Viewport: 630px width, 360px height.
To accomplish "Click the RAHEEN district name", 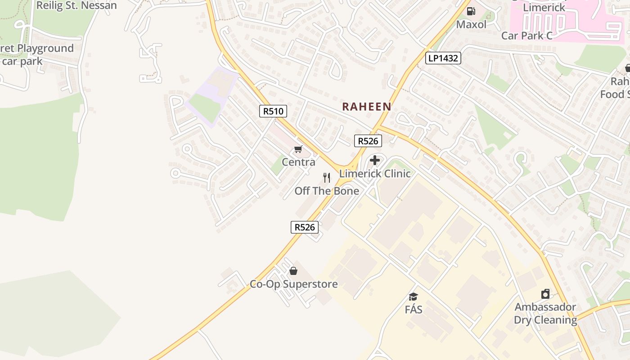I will (366, 107).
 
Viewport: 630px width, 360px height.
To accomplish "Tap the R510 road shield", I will (273, 111).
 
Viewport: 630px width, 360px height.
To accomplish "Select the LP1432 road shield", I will (443, 58).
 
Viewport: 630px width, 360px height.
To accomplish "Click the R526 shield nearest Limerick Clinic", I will (368, 141).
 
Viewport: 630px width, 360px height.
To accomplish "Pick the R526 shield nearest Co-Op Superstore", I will (305, 227).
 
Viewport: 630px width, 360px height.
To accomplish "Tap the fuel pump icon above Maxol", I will (471, 11).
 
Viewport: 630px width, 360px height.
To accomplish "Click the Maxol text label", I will (471, 24).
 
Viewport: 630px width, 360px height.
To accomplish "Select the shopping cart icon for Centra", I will (298, 149).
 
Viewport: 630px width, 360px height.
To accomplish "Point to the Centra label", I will (298, 162).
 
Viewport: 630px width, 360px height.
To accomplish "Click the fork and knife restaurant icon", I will (327, 178).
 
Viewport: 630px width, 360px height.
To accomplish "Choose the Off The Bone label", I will (327, 191).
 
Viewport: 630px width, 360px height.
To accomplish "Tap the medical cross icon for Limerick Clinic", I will (375, 160).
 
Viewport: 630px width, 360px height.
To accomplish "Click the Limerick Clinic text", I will (375, 174).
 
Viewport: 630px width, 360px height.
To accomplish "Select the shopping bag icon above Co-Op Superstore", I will (293, 271).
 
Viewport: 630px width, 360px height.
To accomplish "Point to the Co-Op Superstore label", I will (293, 284).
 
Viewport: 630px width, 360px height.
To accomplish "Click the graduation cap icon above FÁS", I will (413, 297).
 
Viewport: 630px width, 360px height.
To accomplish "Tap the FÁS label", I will (413, 310).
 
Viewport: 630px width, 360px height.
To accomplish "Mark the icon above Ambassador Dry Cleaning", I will (545, 294).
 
